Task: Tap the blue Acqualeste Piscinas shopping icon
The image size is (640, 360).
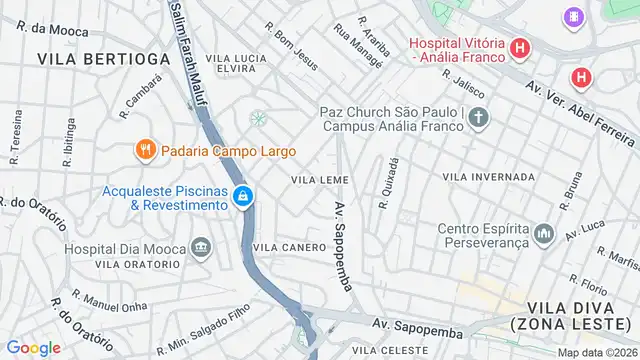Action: pos(242,198)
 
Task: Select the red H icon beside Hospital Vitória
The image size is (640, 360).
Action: pos(519,48)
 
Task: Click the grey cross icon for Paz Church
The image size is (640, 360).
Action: pos(479,119)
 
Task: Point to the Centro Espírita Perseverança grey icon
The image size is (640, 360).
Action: pos(544,233)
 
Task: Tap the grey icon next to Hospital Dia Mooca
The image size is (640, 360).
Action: pos(201,247)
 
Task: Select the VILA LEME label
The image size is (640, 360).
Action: pos(319,179)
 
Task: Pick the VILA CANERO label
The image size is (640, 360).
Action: pos(290,247)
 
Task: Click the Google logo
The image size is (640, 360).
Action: pos(33,347)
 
